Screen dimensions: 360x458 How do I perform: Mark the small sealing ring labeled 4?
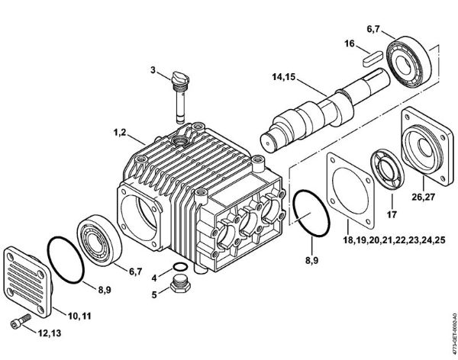[177, 267]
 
